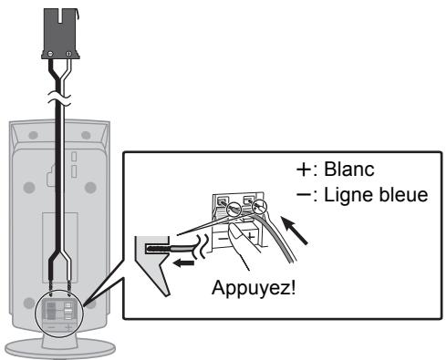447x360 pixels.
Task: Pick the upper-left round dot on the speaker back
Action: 33,132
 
